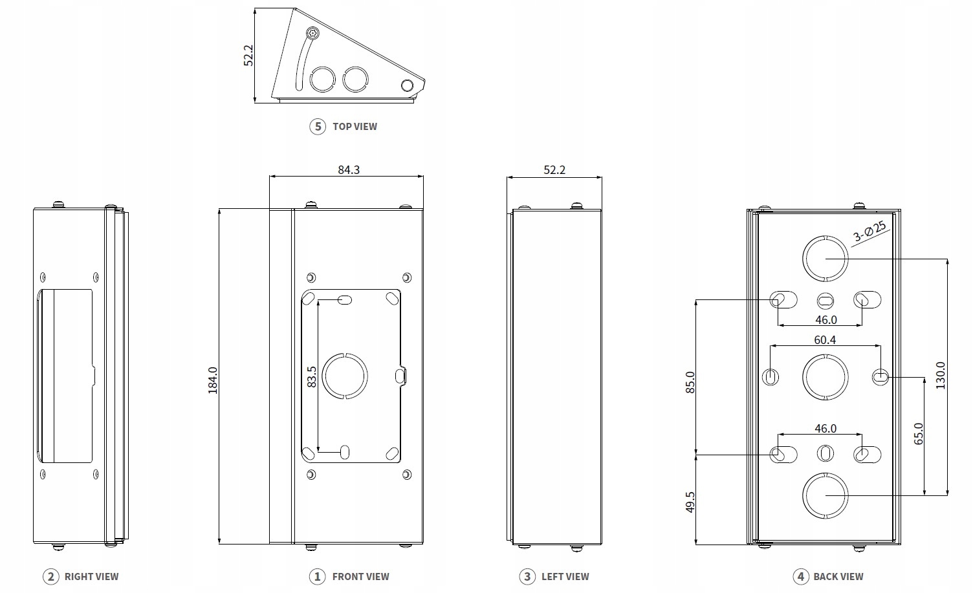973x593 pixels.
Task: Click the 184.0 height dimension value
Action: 212,380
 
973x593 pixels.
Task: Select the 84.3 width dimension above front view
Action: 349,169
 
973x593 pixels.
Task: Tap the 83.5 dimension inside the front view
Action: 311,376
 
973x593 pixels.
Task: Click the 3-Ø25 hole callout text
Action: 869,231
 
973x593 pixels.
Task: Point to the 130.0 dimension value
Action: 940,376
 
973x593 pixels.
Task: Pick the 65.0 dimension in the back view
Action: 918,433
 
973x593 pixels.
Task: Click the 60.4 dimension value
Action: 825,340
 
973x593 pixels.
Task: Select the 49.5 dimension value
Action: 690,502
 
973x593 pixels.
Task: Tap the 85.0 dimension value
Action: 690,382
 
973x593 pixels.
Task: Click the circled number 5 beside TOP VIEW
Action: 318,126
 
